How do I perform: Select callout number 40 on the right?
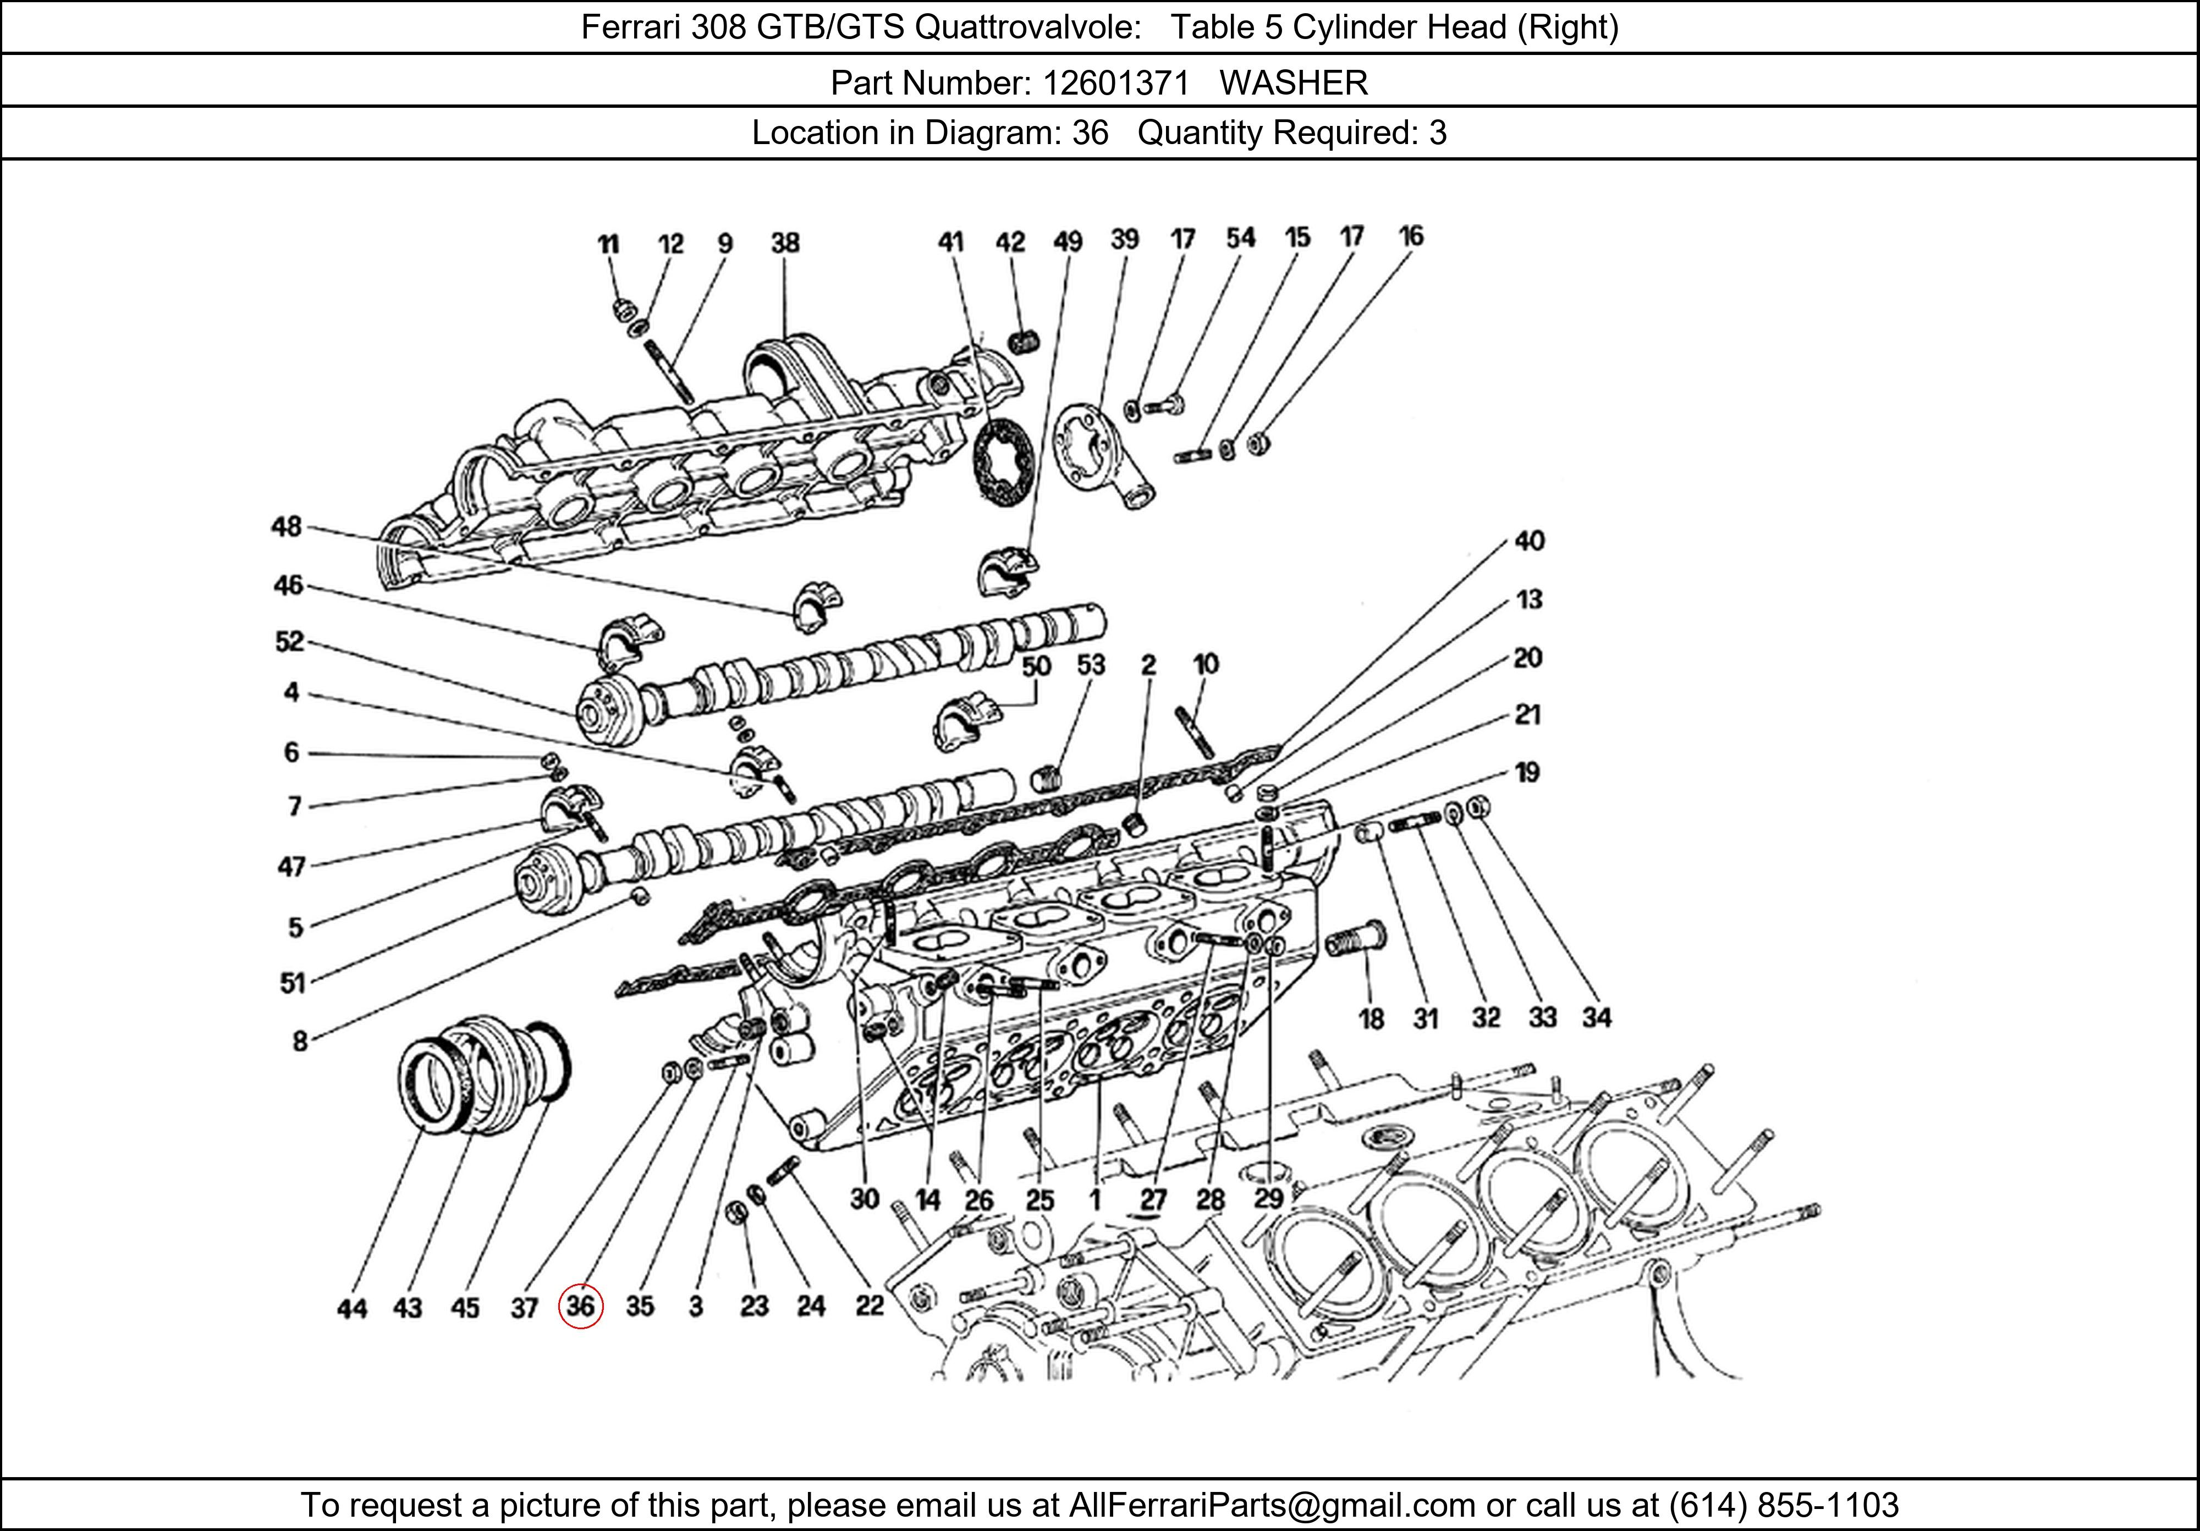pyautogui.click(x=1529, y=541)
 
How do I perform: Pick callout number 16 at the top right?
pyautogui.click(x=1410, y=236)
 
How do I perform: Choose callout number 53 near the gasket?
pyautogui.click(x=1091, y=665)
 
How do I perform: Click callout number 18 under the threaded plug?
pyautogui.click(x=1371, y=1018)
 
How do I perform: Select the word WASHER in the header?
pyautogui.click(x=1294, y=84)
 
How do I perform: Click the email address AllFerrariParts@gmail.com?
pyautogui.click(x=1272, y=1505)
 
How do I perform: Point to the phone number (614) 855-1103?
pyautogui.click(x=1783, y=1505)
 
